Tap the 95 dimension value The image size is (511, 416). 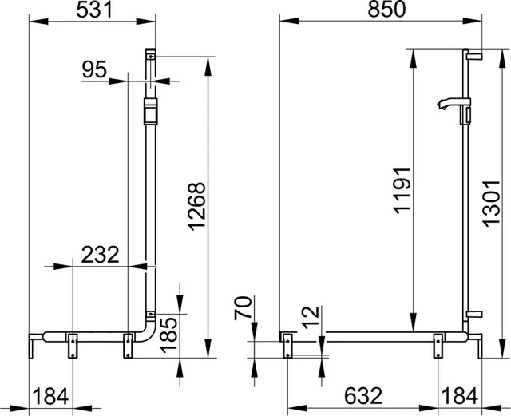pos(94,69)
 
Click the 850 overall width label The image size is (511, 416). pos(382,10)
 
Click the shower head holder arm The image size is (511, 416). pos(449,104)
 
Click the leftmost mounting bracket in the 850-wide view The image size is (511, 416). pos(286,343)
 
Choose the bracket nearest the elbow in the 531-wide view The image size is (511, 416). pos(126,345)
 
